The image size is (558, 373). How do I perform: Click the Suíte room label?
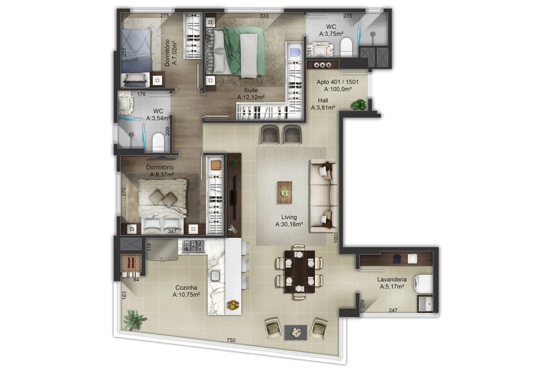tap(251, 90)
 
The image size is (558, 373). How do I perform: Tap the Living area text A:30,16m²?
tap(289, 224)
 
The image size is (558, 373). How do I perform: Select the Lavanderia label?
tap(391, 279)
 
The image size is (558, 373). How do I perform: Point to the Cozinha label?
tap(186, 288)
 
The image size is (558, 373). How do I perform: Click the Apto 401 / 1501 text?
tap(338, 82)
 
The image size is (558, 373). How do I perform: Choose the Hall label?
tap(323, 101)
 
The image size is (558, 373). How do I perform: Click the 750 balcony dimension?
tap(231, 340)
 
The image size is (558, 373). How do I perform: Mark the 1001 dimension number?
tap(336, 237)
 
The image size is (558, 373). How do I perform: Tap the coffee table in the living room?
tap(285, 192)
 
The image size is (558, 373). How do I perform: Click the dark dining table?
tap(300, 272)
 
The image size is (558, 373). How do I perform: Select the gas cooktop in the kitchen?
tap(194, 246)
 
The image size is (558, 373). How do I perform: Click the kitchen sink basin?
tap(215, 276)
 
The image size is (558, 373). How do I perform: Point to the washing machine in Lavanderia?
tap(423, 284)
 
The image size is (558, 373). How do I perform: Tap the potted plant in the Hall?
tap(359, 105)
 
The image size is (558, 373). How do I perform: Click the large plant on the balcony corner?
tap(134, 320)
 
